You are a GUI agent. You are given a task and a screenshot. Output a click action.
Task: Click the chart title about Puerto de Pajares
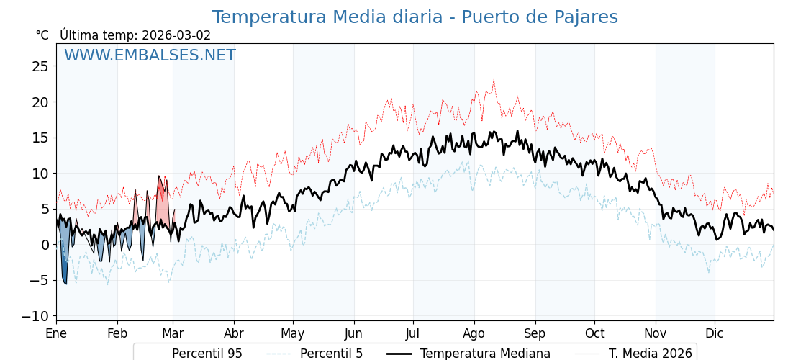415,17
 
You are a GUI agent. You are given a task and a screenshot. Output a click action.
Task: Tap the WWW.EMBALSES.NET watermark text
150,55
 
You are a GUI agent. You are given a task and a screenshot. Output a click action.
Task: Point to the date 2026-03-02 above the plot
176,35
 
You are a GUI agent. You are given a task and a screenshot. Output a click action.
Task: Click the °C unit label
42,35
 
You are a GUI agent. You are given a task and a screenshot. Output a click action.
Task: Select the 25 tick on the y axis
40,66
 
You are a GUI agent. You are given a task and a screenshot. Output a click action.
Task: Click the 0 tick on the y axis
45,245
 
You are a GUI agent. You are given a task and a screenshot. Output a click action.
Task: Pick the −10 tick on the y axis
37,316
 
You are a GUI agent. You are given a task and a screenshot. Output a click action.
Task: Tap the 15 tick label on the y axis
40,138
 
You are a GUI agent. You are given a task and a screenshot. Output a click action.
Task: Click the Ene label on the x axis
56,334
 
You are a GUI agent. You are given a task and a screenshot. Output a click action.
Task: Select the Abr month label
234,334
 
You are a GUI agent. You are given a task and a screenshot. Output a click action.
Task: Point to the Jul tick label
413,334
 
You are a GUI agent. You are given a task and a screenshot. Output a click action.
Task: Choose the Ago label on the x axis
474,334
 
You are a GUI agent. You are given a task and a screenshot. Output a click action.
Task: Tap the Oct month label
594,334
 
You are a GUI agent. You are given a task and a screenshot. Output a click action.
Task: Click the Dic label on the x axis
715,334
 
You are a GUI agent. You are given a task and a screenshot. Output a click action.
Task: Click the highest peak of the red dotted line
494,79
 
